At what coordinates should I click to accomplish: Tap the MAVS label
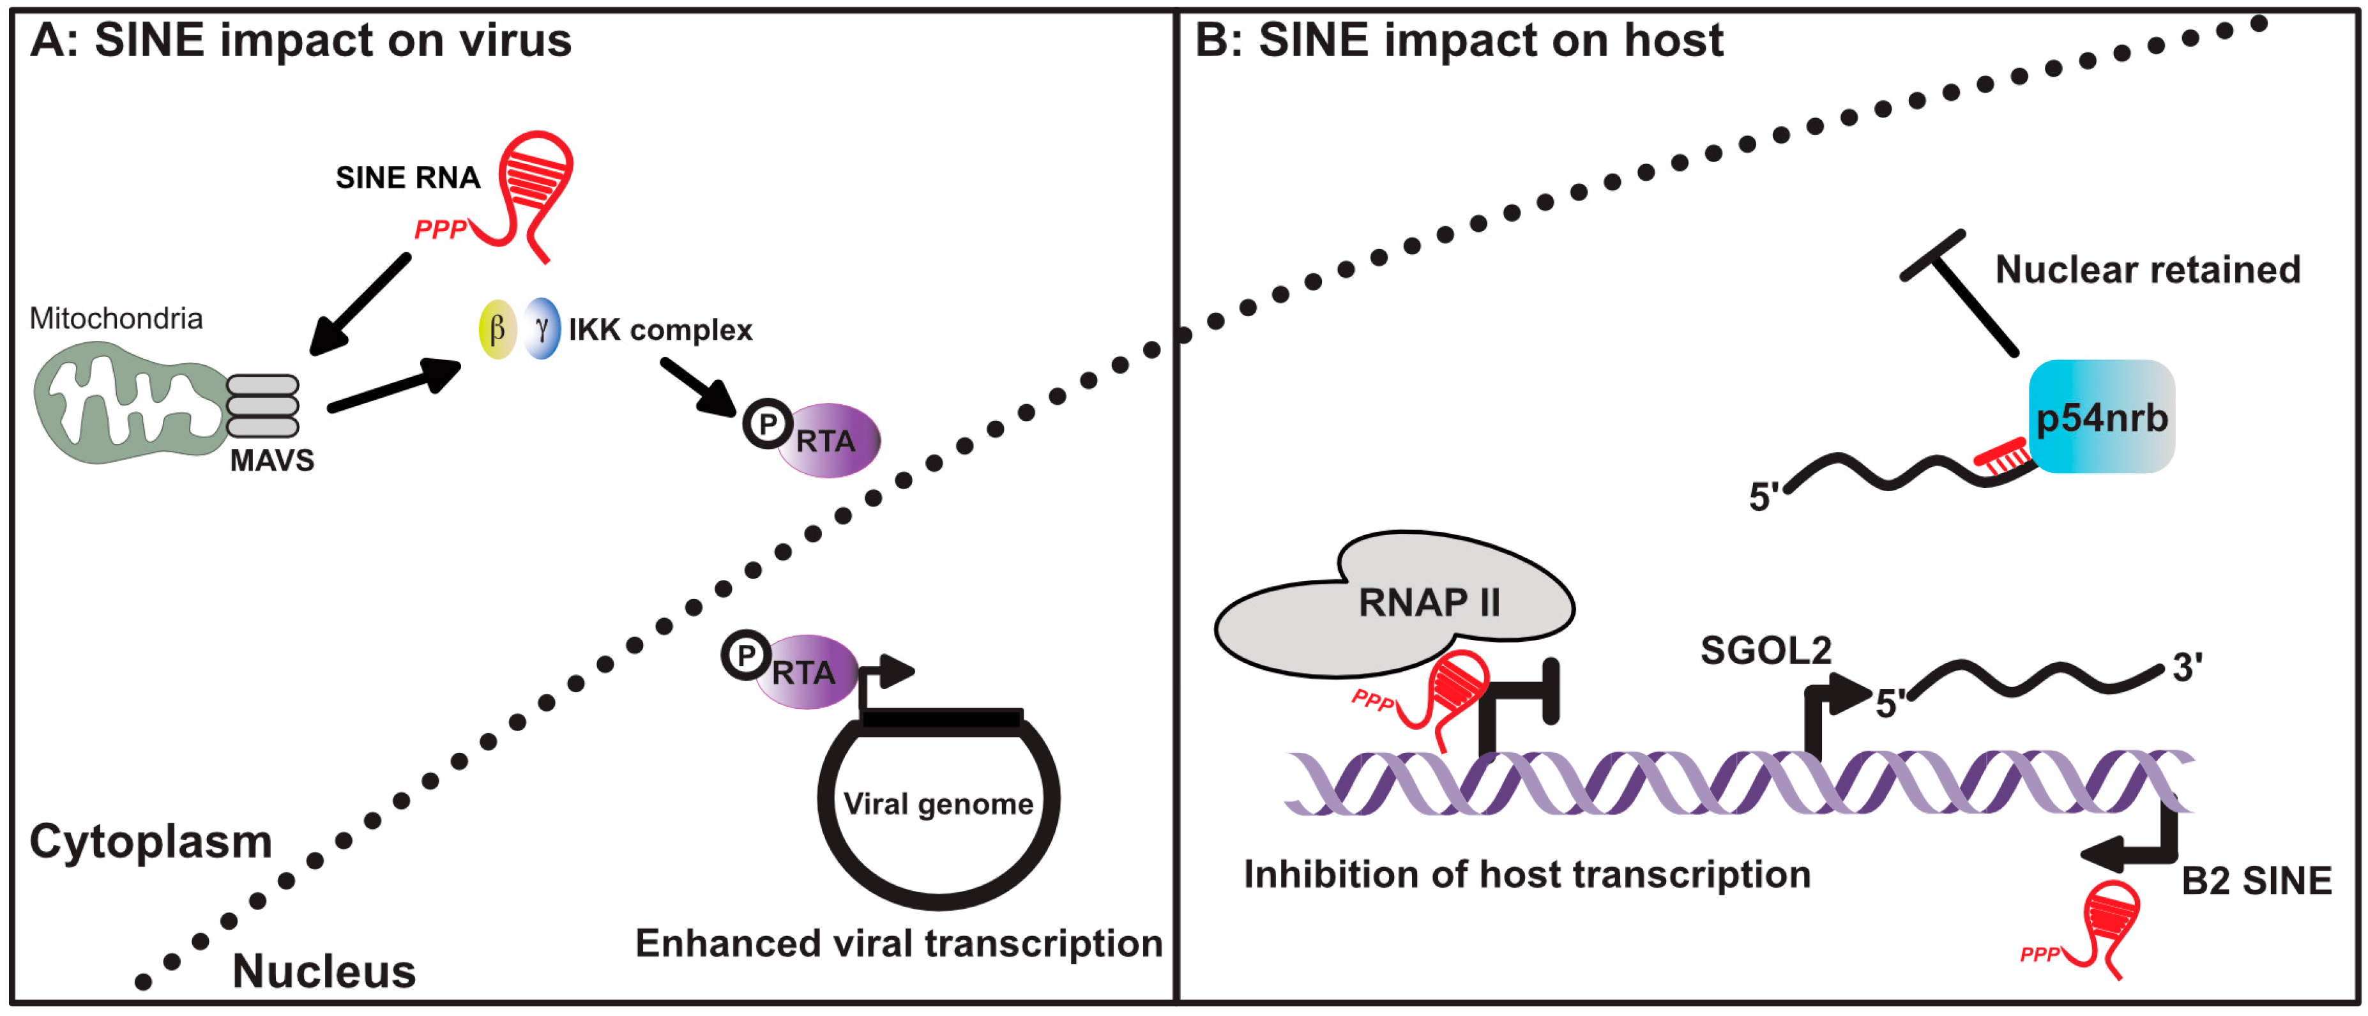point(271,460)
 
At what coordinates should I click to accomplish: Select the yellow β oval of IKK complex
point(497,329)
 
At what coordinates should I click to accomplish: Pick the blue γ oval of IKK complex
point(542,328)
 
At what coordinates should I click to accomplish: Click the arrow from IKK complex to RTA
point(699,386)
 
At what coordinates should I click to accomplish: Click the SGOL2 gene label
point(1766,651)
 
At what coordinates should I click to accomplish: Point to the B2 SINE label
point(2257,881)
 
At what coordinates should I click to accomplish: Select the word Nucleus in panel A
point(324,971)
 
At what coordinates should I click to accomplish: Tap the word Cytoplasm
point(151,841)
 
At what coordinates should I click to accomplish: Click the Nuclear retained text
point(2148,269)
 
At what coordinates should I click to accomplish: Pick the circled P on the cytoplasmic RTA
point(768,424)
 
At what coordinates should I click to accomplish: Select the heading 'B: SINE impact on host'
point(1459,40)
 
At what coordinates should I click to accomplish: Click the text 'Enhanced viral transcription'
point(899,943)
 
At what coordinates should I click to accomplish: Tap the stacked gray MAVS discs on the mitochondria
point(263,406)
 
